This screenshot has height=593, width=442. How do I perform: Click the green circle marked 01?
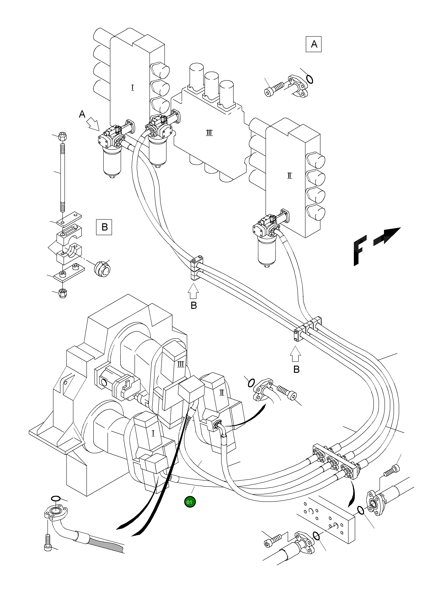click(190, 502)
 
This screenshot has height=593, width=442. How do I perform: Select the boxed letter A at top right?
click(314, 44)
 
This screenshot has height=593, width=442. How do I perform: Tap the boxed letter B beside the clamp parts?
click(104, 227)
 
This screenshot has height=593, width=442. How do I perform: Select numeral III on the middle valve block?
click(209, 133)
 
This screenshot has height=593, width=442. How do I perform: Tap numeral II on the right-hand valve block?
click(290, 176)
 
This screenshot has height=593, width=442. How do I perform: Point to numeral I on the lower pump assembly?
click(153, 433)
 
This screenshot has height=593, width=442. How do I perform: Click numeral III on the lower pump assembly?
click(181, 364)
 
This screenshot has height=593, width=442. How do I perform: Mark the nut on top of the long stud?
click(62, 136)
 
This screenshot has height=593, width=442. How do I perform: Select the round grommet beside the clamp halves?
click(102, 269)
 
